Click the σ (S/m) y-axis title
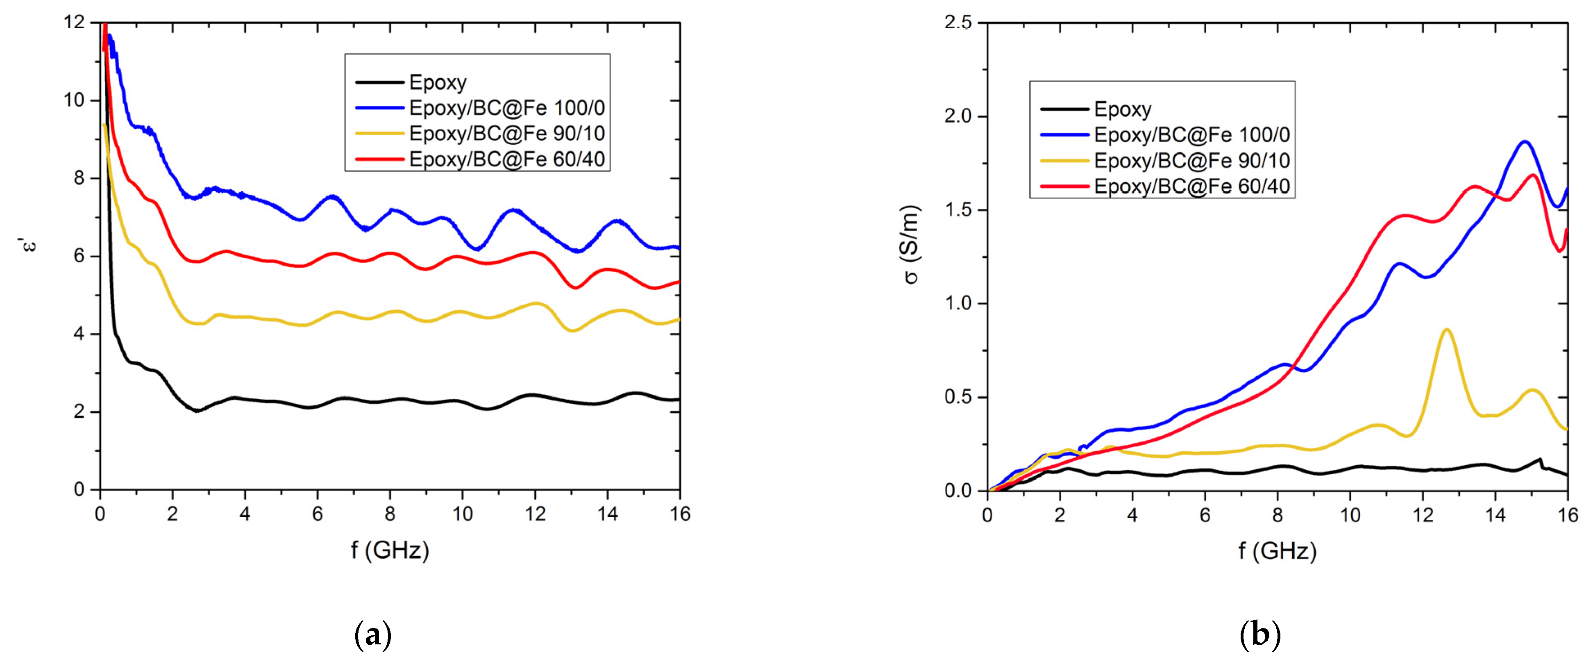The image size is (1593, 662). click(x=911, y=244)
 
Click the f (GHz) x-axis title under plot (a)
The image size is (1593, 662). click(x=390, y=549)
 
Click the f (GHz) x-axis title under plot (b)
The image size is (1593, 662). click(x=1277, y=551)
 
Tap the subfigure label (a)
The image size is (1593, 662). click(x=373, y=635)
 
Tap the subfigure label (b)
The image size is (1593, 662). click(x=1259, y=635)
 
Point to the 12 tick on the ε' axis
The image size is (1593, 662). click(x=74, y=22)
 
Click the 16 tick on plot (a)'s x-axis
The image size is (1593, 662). click(x=680, y=514)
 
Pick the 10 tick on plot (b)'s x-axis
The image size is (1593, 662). click(x=1350, y=515)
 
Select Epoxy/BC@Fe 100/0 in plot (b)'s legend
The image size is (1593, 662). click(x=1191, y=135)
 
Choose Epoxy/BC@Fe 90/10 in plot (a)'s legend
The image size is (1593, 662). click(x=506, y=134)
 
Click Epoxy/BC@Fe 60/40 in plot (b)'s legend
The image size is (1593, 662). click(x=1191, y=186)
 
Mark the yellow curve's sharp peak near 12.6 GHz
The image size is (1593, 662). click(x=1446, y=330)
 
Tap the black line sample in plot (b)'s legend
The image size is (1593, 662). click(x=1064, y=109)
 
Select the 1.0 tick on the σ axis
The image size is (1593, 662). click(x=958, y=304)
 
